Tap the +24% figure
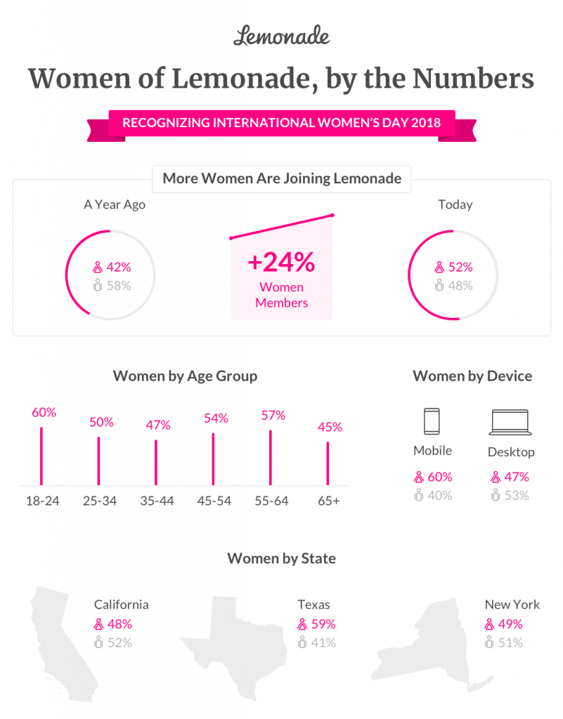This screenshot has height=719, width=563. pyautogui.click(x=281, y=263)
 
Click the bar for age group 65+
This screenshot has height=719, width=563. pyautogui.click(x=328, y=463)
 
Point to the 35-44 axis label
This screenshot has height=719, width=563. pyautogui.click(x=156, y=501)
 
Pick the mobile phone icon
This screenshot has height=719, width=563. pyautogui.click(x=432, y=421)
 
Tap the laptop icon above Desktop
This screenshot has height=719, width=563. pyautogui.click(x=511, y=422)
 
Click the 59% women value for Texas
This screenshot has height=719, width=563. pyautogui.click(x=324, y=624)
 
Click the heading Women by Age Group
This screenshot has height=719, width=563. pyautogui.click(x=185, y=376)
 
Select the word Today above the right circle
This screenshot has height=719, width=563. pyautogui.click(x=455, y=204)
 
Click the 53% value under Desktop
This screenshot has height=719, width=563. pyautogui.click(x=517, y=495)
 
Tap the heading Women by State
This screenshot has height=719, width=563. pyautogui.click(x=281, y=559)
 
